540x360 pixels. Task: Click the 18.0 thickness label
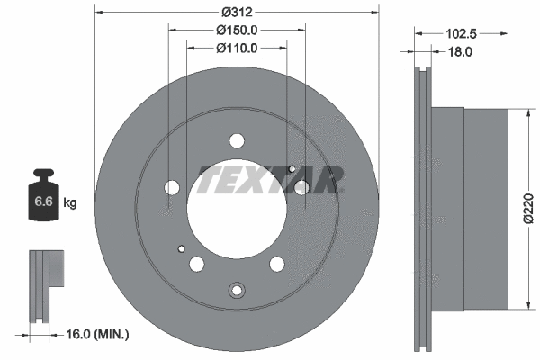tap(461, 52)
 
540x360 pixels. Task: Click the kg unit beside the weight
tap(70, 202)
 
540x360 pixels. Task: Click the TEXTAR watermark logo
tap(271, 180)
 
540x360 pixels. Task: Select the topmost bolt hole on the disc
tap(238, 140)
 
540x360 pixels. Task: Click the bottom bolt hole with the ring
tap(238, 289)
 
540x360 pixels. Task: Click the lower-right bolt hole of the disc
tap(277, 264)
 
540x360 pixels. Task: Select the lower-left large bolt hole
tap(197, 264)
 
